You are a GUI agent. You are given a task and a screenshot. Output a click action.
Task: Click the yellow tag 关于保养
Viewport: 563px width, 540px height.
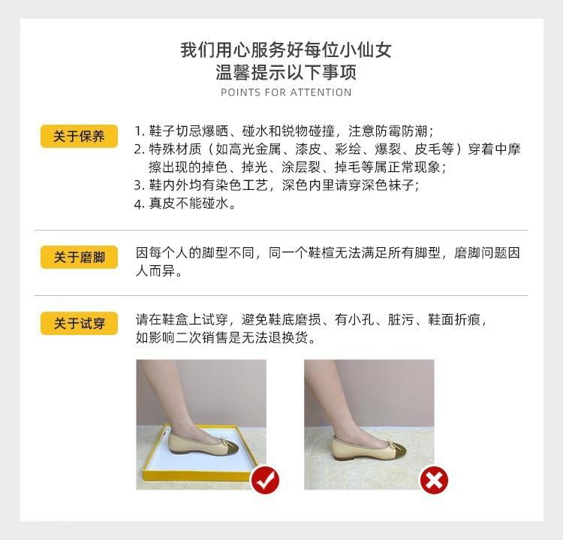coord(79,136)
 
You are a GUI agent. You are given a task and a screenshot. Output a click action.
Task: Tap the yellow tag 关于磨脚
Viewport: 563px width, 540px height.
coord(79,257)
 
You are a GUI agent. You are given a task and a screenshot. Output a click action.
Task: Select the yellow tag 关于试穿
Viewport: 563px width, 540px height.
coord(79,324)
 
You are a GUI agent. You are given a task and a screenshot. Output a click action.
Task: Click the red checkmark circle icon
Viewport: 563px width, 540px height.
coord(264,479)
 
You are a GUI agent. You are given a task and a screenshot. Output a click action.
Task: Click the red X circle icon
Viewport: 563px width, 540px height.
coord(432,479)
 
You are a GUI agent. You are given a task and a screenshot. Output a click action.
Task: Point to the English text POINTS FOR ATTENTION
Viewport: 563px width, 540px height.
coord(286,92)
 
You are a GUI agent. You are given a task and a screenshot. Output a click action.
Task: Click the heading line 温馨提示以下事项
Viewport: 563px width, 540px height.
coord(286,73)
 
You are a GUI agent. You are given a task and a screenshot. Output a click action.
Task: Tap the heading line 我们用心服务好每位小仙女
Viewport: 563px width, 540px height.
coord(286,50)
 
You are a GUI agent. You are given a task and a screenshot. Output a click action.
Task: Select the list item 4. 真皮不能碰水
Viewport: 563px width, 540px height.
coord(185,204)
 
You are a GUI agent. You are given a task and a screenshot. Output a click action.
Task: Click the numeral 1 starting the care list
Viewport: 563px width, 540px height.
coord(138,130)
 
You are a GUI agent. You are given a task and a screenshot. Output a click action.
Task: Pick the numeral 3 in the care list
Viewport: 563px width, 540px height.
coord(138,186)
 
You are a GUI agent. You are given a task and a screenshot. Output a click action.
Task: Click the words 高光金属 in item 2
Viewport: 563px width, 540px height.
coord(242,149)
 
